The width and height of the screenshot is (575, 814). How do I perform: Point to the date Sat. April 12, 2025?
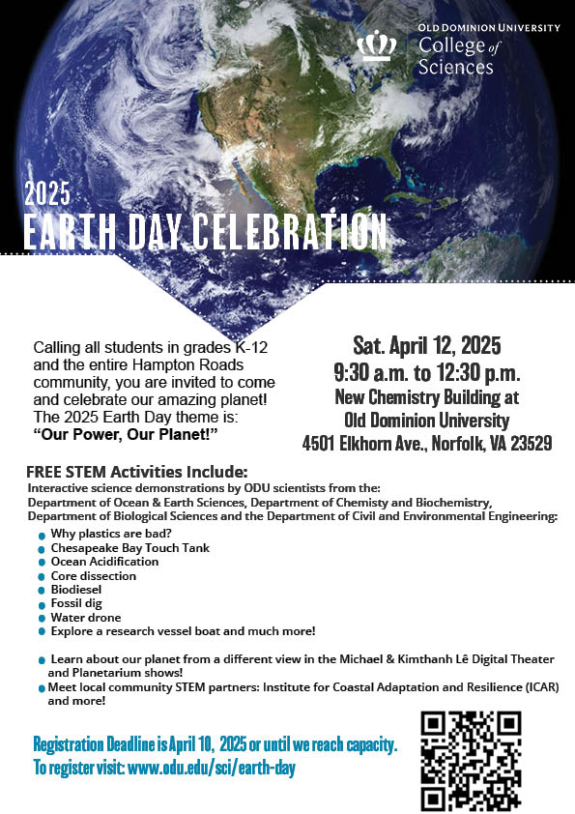tap(426, 345)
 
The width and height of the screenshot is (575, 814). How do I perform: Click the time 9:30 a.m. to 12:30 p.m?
tap(426, 372)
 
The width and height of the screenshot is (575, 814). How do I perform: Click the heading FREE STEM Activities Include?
tap(137, 473)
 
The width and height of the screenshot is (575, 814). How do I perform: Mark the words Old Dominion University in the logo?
tap(489, 27)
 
